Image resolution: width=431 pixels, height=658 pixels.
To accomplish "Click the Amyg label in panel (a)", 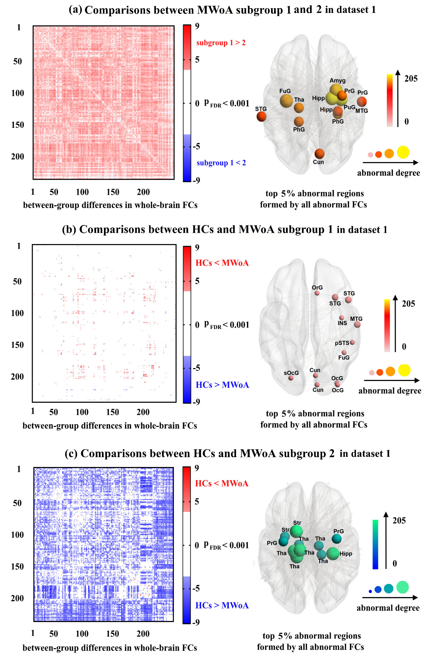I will [x=337, y=81].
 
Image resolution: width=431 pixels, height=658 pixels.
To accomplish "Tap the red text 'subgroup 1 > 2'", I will [x=221, y=43].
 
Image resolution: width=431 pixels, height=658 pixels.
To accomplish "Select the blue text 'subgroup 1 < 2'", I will [x=221, y=163].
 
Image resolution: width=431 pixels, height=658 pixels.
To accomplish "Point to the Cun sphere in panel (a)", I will [x=319, y=154].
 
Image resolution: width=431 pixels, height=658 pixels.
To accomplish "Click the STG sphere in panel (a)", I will [x=261, y=117].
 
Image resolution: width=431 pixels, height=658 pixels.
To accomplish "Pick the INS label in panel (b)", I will [x=342, y=323].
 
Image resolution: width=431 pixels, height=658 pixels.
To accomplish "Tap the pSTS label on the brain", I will [x=342, y=343].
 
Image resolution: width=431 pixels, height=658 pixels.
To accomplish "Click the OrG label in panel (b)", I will [x=317, y=288].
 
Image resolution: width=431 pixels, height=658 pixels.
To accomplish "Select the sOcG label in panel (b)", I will [x=291, y=373].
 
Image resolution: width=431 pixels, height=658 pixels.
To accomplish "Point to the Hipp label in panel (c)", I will [x=346, y=554].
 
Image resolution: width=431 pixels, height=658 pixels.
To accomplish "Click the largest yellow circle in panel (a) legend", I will [x=403, y=152].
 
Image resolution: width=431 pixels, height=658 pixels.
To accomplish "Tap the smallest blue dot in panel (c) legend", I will [x=370, y=591].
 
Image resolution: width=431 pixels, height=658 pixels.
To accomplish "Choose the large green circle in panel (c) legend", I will [x=402, y=587].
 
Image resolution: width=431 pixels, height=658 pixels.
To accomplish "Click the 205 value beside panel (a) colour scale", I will [x=411, y=79].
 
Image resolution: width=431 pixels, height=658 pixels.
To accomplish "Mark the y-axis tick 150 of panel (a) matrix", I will [x=18, y=125].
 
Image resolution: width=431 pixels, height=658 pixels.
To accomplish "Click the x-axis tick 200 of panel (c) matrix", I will [x=143, y=634].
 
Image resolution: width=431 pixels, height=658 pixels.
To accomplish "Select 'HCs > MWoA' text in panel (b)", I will [x=222, y=385].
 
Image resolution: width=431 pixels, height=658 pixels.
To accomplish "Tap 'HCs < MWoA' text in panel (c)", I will [x=221, y=483].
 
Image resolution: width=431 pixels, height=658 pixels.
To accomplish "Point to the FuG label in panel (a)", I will [x=285, y=91].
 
